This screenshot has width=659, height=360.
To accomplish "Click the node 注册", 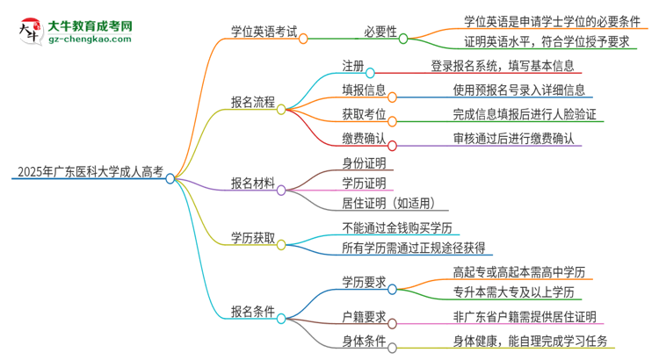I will point(351,66).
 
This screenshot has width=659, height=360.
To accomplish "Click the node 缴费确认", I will point(363,138).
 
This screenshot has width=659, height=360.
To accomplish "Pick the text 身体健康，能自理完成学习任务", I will point(530,341).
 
